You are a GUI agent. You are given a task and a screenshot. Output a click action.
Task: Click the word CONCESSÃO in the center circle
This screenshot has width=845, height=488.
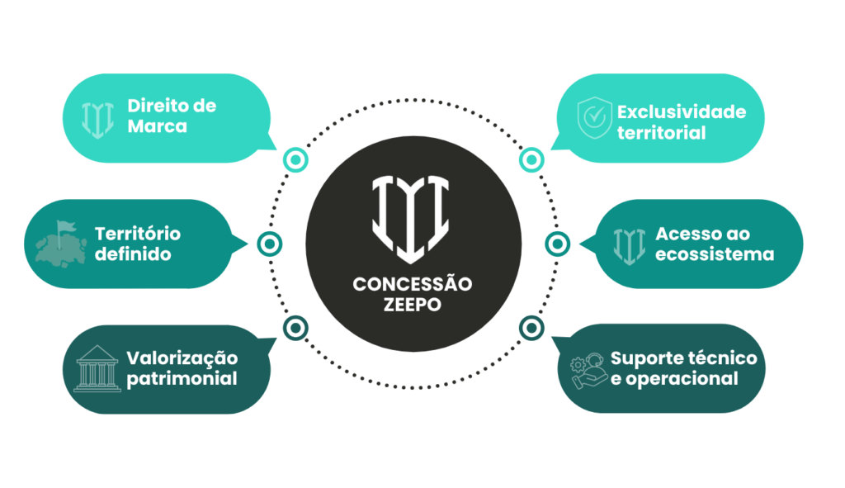click(413, 284)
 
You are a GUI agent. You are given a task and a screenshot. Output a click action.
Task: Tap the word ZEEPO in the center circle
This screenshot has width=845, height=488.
click(413, 305)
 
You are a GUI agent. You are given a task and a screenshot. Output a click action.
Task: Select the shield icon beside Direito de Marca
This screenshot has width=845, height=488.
click(97, 120)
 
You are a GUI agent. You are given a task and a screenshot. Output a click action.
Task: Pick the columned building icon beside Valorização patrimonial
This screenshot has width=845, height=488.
click(97, 369)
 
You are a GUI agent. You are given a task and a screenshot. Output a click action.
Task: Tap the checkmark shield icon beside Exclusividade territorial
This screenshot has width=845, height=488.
click(594, 118)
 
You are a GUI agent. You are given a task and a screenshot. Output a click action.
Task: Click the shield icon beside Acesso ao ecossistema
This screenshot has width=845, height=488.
click(629, 246)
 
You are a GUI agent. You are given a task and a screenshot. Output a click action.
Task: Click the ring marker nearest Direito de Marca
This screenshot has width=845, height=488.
click(296, 160)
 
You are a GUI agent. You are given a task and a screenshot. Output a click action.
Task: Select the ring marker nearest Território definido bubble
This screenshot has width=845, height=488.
click(270, 244)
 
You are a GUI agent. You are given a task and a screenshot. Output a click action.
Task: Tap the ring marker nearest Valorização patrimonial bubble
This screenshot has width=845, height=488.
click(296, 328)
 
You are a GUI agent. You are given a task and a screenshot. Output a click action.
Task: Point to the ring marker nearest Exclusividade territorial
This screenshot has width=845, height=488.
click(531, 160)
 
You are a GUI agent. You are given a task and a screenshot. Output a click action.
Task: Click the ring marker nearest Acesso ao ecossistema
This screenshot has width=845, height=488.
click(558, 244)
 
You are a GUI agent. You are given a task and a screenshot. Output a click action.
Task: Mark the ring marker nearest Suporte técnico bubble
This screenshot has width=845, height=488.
click(531, 328)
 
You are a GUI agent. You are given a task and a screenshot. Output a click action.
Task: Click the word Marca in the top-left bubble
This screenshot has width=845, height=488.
click(158, 126)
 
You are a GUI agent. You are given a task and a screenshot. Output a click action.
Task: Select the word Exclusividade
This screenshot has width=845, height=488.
click(682, 111)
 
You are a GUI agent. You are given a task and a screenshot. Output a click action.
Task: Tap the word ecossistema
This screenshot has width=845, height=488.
click(715, 254)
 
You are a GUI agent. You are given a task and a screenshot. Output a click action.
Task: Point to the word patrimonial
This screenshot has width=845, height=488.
click(182, 379)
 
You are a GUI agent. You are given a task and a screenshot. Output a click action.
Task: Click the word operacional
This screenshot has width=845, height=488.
click(682, 379)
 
